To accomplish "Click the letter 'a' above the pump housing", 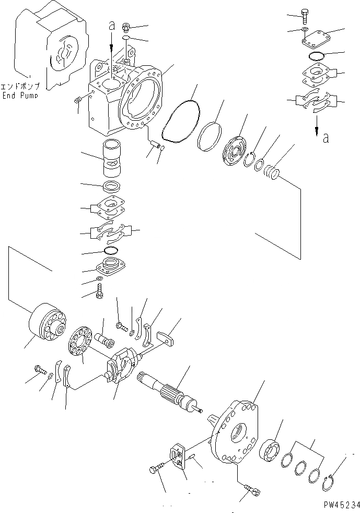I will (x=111, y=25).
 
